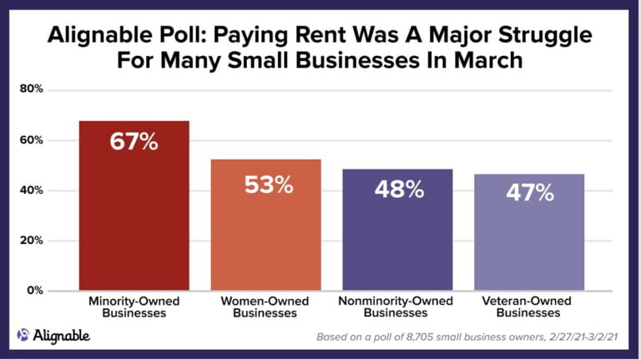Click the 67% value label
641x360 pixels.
click(134, 141)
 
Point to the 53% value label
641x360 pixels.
click(269, 184)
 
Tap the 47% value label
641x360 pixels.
click(529, 193)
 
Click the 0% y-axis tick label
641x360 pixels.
click(34, 291)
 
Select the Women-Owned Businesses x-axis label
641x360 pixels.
click(266, 307)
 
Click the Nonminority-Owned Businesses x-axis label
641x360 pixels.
click(397, 307)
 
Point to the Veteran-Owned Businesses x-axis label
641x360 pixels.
click(528, 307)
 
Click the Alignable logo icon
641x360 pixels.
click(23, 336)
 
